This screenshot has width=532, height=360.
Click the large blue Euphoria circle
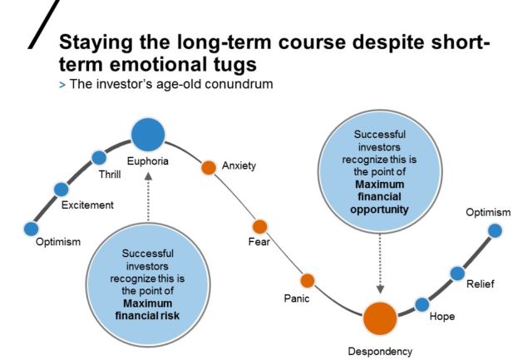[x=149, y=132]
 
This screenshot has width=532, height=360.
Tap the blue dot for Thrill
[x=99, y=157]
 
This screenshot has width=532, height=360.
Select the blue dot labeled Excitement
[x=60, y=189]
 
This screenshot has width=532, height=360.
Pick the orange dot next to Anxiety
[x=209, y=167]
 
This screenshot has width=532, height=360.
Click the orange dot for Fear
[x=259, y=226]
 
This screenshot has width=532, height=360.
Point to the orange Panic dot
[x=308, y=280]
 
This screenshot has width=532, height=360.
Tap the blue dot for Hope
[x=422, y=304]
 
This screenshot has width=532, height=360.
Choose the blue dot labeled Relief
[x=456, y=273]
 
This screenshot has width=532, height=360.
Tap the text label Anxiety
[x=239, y=166]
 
